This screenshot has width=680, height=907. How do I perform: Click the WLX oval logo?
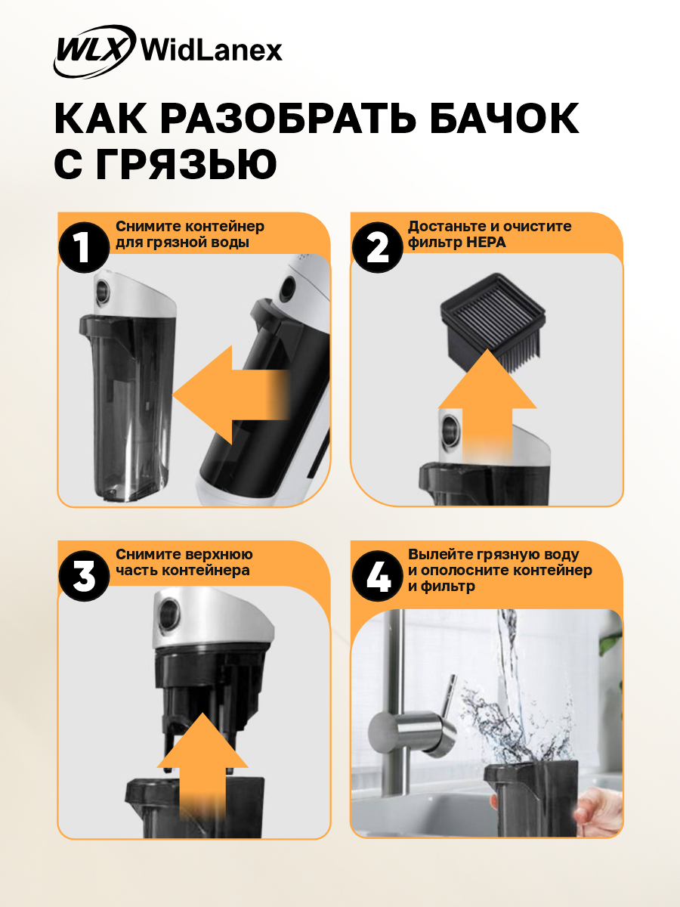click(95, 51)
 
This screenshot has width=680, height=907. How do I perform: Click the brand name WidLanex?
click(212, 51)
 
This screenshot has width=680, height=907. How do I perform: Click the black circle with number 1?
click(84, 247)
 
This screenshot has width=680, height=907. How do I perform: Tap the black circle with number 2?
click(377, 247)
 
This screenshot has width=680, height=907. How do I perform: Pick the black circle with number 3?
click(84, 576)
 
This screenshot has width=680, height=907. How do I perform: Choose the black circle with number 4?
click(377, 576)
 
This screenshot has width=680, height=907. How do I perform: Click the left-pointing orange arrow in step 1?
click(230, 395)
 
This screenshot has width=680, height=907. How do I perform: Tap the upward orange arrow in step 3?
click(202, 766)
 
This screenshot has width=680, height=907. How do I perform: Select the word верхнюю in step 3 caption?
click(219, 555)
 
